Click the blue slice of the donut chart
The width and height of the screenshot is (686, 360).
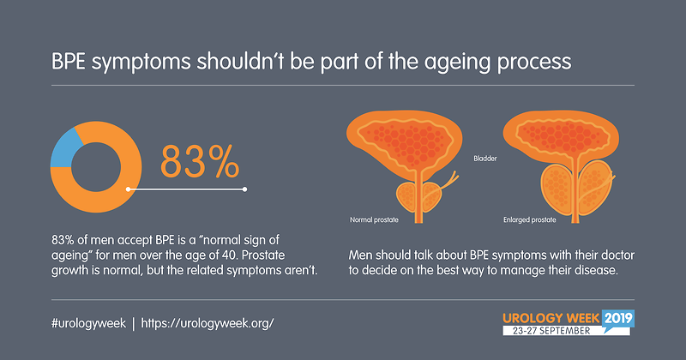coord(63,151)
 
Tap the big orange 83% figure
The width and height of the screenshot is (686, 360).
coord(200,162)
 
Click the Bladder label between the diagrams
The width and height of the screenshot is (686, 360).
coord(485,159)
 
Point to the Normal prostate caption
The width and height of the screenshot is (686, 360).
coord(374,219)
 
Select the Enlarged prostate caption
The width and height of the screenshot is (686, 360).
coord(529,219)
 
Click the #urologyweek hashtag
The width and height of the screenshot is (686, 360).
coord(88,323)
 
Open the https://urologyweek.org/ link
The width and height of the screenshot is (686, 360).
coord(208,323)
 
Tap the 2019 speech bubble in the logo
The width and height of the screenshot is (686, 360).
coord(618,320)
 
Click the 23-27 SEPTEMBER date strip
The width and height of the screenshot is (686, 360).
coord(551,331)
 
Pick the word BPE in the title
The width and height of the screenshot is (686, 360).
coord(69,61)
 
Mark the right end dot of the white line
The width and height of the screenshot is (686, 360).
coord(244,189)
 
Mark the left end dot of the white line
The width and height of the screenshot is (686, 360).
coord(128,189)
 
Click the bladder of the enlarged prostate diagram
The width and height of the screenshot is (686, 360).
coord(562,135)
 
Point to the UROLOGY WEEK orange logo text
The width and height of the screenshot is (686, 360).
coord(551,318)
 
